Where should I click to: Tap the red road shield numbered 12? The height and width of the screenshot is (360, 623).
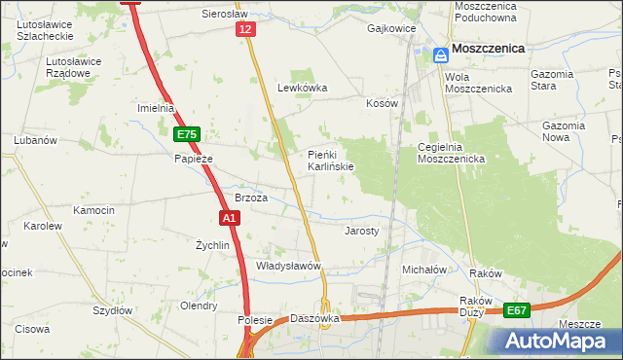(x=246, y=31)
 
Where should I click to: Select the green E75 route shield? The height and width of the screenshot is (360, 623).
(x=188, y=135)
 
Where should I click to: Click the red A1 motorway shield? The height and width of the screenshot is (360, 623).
(x=230, y=219)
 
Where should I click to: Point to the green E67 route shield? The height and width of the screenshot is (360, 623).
(x=518, y=311)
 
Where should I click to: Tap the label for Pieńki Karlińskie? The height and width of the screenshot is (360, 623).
(x=331, y=160)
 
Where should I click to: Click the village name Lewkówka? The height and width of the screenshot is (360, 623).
(x=302, y=88)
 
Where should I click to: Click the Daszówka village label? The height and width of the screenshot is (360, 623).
(x=314, y=318)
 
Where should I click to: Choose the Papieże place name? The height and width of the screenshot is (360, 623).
(x=193, y=159)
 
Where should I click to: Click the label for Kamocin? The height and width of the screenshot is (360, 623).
(x=93, y=210)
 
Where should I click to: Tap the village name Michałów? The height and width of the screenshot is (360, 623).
(x=423, y=269)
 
